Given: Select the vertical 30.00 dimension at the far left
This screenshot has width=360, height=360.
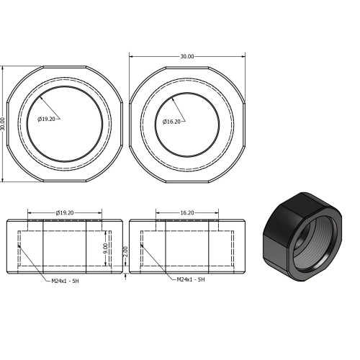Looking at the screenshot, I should [3, 124].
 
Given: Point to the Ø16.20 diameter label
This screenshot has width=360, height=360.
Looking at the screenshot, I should [172, 121].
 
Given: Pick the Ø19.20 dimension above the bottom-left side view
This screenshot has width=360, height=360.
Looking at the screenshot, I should [66, 213].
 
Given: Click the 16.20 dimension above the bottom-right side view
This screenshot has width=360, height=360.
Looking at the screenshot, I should [187, 213].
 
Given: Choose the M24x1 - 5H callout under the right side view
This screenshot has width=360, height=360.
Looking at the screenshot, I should [192, 279].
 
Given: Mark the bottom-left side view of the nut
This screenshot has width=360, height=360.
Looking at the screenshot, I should [65, 246].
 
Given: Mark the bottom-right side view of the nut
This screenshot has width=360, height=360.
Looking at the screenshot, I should [187, 246].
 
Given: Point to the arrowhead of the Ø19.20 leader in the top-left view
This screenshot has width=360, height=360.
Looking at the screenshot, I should [41, 96].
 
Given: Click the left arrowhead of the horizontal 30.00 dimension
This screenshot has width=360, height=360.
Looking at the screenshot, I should [132, 55].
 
